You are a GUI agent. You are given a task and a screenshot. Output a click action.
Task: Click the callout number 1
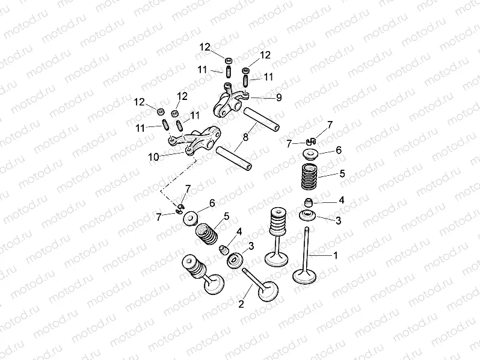(x=335, y=255)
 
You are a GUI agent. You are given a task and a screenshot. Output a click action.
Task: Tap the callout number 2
(x=241, y=304)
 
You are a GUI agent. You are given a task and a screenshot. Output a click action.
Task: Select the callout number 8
(x=245, y=137)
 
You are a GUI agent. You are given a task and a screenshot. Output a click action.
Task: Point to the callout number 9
(x=278, y=96)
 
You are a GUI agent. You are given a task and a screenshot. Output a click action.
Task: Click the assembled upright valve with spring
(x=277, y=238)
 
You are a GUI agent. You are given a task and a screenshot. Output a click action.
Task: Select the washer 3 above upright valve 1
(x=310, y=216)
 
